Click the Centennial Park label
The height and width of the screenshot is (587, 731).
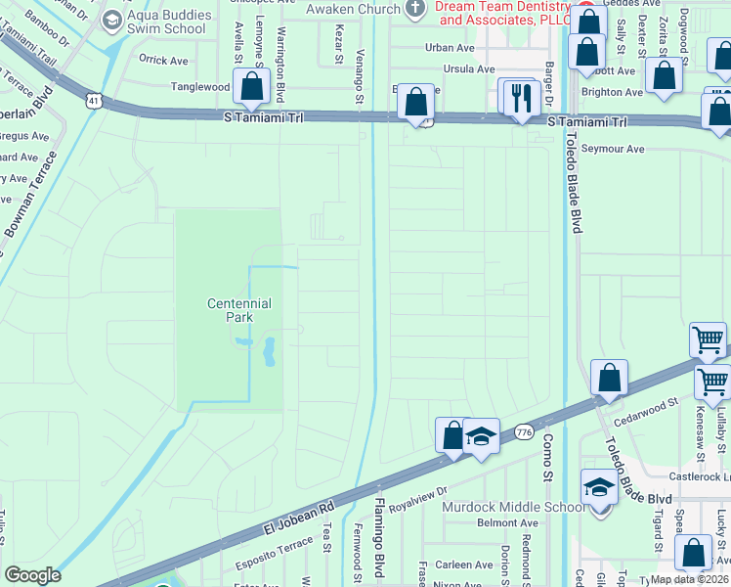238,310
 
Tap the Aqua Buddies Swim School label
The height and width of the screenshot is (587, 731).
168,22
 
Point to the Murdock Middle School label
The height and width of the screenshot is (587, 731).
514,507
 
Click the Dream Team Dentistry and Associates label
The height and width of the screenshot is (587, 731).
503,12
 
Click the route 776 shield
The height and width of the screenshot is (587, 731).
524,431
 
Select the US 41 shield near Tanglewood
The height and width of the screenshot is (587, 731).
93,101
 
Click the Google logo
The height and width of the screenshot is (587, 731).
32,575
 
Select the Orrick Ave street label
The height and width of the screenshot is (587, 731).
163,60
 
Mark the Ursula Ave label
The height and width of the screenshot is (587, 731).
469,69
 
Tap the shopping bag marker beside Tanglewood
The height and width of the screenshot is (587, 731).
251,87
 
